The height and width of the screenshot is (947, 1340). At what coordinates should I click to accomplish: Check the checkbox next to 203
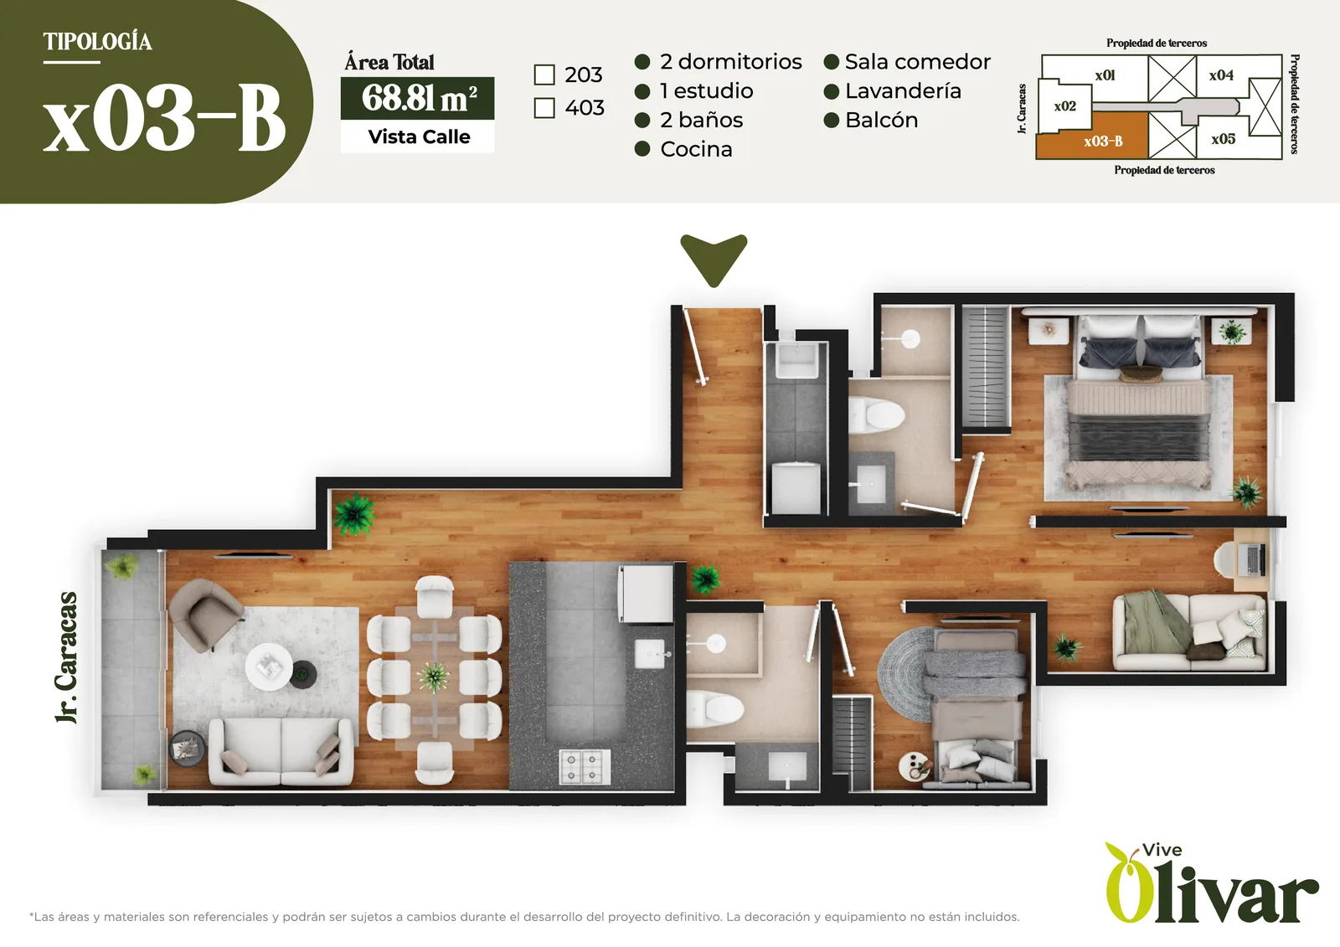pyautogui.click(x=544, y=75)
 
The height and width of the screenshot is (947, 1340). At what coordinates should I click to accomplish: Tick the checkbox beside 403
pyautogui.click(x=544, y=108)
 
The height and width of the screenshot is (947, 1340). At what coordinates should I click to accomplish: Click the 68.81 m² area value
pyautogui.click(x=418, y=98)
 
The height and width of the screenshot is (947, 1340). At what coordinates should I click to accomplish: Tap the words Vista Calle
pyautogui.click(x=419, y=137)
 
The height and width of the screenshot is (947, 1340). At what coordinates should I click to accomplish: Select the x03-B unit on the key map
pyautogui.click(x=1092, y=137)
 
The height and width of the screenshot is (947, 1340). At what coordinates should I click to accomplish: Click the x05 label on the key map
pyautogui.click(x=1224, y=139)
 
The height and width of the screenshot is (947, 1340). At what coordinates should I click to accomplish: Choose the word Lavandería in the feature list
pyautogui.click(x=904, y=91)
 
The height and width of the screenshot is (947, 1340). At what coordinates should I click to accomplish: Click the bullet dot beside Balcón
pyautogui.click(x=832, y=121)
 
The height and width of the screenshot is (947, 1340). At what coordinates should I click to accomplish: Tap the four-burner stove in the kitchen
pyautogui.click(x=585, y=766)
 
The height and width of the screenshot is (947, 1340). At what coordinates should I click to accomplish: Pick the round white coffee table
pyautogui.click(x=269, y=667)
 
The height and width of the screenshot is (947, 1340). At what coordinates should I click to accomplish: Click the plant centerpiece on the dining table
pyautogui.click(x=434, y=677)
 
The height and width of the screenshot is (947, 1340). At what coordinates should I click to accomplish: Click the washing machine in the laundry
pyautogui.click(x=796, y=487)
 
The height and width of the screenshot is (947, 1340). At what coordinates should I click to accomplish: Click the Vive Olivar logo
pyautogui.click(x=1211, y=883)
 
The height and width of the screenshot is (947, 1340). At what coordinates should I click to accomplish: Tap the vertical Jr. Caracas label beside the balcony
pyautogui.click(x=66, y=658)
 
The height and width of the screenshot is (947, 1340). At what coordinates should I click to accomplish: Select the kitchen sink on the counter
pyautogui.click(x=649, y=653)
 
